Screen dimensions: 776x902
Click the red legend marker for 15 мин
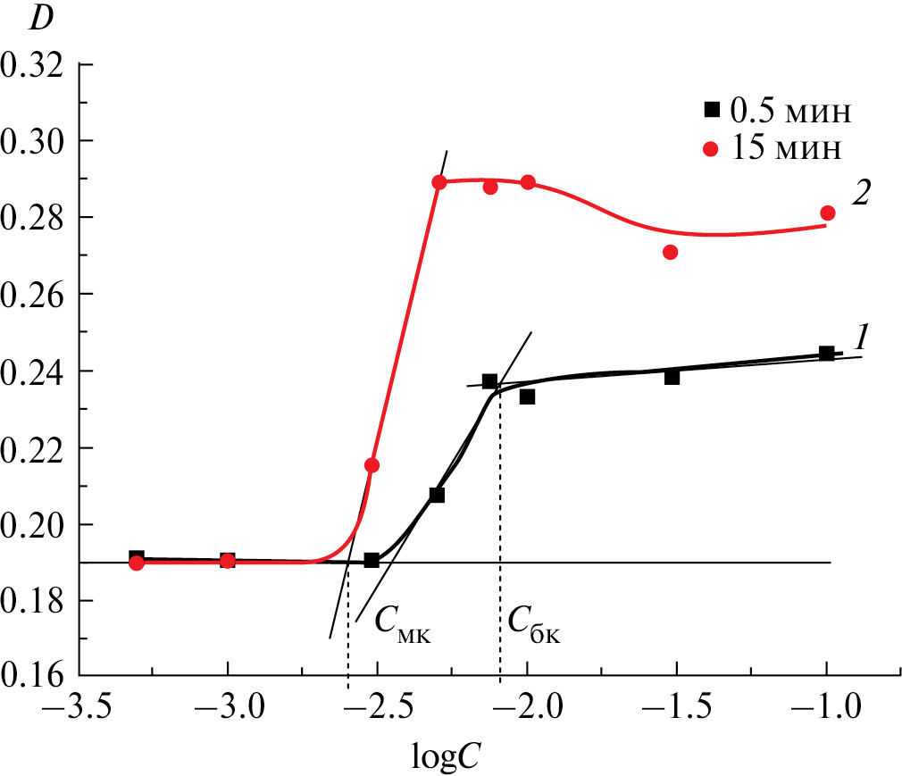712,148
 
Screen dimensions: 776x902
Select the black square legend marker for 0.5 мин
712,110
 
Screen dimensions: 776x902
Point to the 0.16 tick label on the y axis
36,676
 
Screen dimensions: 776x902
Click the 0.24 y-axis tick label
36,370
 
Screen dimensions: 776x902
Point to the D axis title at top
42,20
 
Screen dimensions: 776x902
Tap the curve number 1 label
861,337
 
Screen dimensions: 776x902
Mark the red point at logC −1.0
827,213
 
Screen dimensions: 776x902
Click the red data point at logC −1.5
670,252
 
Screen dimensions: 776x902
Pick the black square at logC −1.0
826,354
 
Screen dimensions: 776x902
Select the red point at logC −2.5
372,465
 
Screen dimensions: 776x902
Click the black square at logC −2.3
437,495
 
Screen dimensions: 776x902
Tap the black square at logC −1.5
672,377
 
